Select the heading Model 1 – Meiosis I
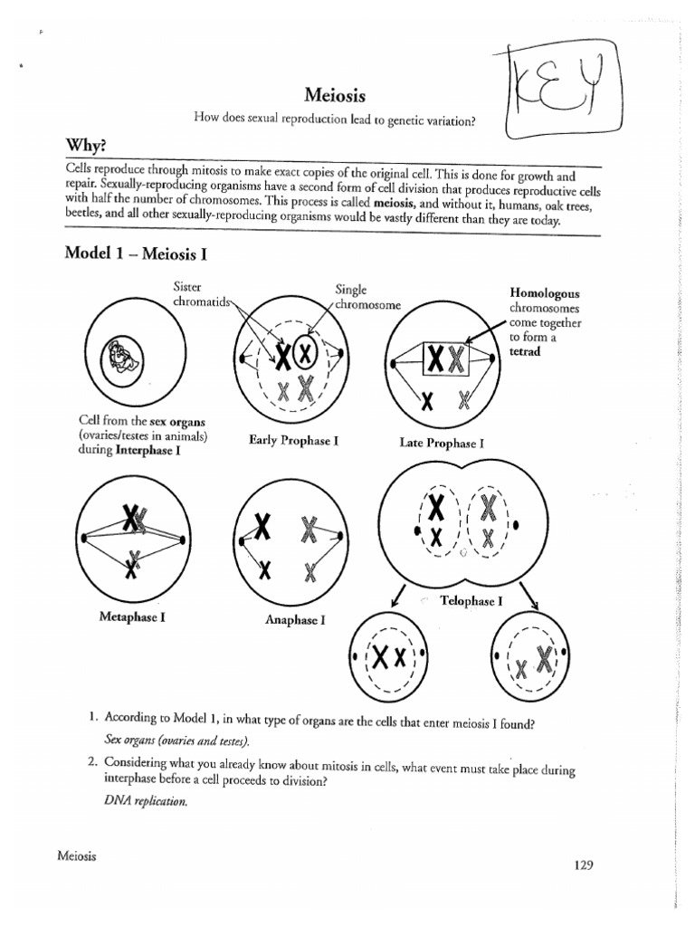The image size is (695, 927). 136,253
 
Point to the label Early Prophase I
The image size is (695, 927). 293,441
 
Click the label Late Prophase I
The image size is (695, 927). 442,444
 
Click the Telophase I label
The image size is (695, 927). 471,600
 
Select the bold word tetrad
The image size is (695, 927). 525,352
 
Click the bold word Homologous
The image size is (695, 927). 544,294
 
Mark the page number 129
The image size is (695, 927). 583,865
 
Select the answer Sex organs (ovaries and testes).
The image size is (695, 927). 176,741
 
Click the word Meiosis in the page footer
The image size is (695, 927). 77,855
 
